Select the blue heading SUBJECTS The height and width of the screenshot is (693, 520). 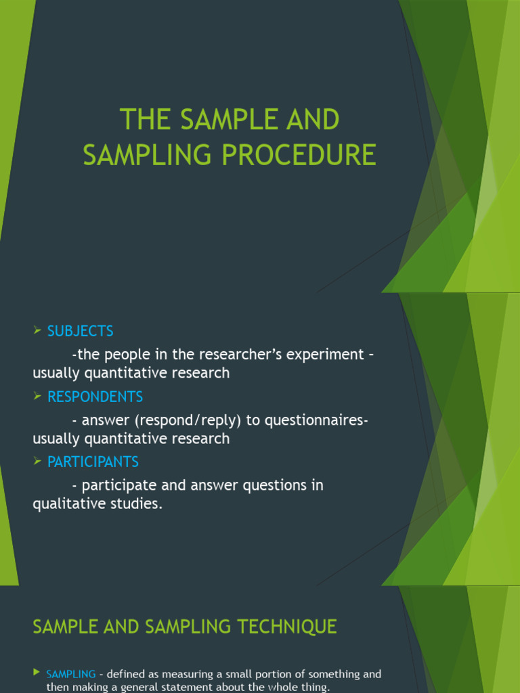tap(80, 331)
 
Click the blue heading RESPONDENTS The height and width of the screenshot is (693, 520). tap(95, 397)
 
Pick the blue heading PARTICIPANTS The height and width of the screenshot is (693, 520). tap(93, 462)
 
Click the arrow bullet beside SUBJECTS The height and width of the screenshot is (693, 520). tap(37, 330)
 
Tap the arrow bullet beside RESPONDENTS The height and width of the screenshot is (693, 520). tap(37, 396)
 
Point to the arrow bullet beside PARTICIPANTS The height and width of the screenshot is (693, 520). tap(37, 461)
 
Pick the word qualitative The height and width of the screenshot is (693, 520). tap(65, 504)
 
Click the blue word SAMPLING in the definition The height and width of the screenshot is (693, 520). tap(71, 674)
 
